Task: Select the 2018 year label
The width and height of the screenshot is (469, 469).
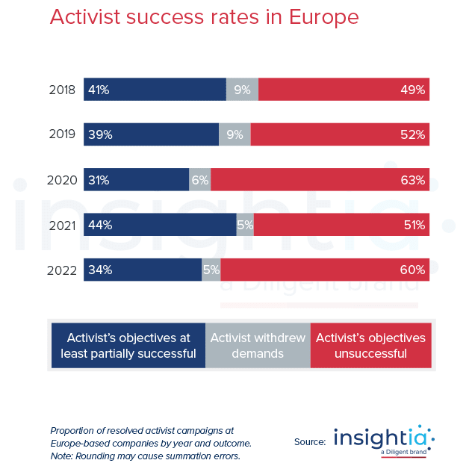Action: click(x=61, y=90)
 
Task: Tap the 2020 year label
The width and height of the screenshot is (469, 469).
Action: click(x=61, y=180)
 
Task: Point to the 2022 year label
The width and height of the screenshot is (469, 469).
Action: click(x=61, y=270)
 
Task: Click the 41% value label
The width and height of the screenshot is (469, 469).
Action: click(x=99, y=90)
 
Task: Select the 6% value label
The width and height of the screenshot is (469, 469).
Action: click(x=199, y=180)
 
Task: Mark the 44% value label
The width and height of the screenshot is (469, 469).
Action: click(x=99, y=225)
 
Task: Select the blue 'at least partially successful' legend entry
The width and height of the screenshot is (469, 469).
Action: click(x=128, y=346)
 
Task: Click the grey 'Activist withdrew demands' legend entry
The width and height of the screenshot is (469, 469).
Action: click(x=258, y=346)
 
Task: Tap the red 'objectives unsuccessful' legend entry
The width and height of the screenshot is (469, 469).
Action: click(x=370, y=346)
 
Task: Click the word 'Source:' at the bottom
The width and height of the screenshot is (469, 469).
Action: click(x=310, y=442)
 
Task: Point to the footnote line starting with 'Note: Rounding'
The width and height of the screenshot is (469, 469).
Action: click(x=145, y=456)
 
